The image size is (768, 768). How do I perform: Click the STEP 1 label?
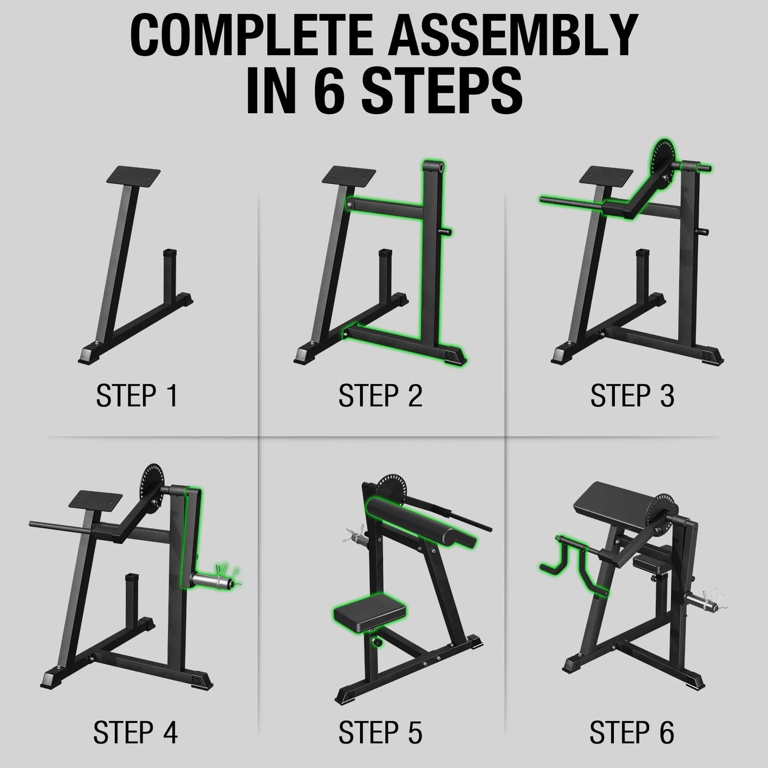click(137, 396)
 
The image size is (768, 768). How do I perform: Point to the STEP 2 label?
click(380, 396)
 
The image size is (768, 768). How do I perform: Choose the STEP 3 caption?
click(632, 396)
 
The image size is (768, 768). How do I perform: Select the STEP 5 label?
click(380, 732)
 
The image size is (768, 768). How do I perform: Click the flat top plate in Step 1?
click(134, 175)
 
